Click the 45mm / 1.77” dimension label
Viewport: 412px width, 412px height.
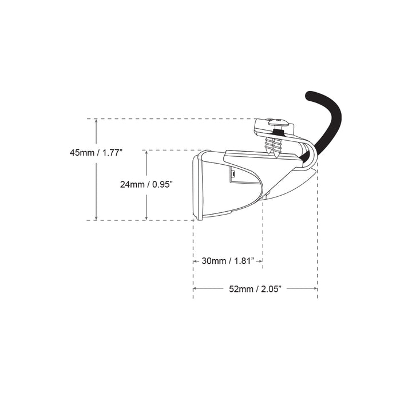(x=96, y=153)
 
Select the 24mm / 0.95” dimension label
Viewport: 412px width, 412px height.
(x=146, y=184)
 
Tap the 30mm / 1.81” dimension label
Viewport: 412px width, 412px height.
(x=228, y=261)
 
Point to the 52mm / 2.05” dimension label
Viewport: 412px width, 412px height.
(x=255, y=289)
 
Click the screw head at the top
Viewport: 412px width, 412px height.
(x=277, y=122)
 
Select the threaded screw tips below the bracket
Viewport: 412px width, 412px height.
(x=272, y=148)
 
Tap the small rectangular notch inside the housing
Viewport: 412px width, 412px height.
(x=233, y=173)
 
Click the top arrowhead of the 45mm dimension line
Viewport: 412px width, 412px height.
(x=97, y=121)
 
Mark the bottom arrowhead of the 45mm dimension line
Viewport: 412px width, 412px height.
(x=97, y=218)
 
